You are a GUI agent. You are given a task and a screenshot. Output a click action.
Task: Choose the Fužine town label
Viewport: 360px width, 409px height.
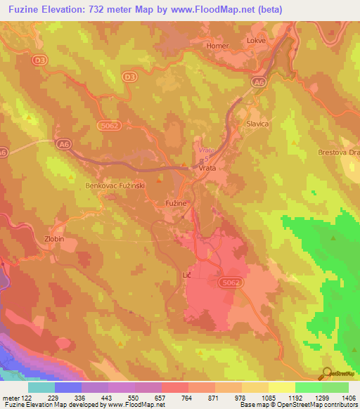(176, 202)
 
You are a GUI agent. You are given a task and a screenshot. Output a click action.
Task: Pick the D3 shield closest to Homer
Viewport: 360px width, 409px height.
(128, 77)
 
